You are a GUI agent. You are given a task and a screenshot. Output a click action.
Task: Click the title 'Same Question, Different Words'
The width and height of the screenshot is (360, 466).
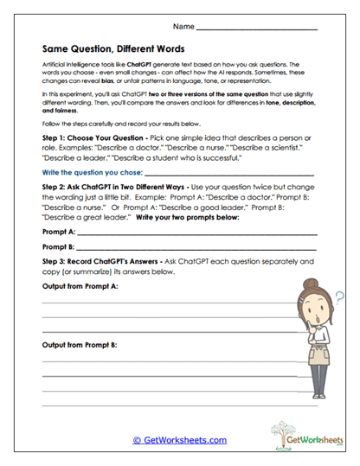112,48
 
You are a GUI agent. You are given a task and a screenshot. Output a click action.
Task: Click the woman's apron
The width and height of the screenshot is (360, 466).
322,367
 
